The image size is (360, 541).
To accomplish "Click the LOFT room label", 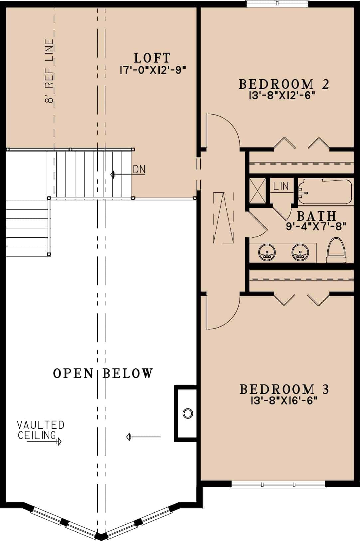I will tap(152, 58).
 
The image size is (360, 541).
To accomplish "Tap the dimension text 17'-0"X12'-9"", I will tap(152, 70).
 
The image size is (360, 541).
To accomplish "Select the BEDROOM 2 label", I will tap(284, 84).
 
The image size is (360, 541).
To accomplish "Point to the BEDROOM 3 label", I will tap(284, 389).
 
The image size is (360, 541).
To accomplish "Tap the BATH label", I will tap(316, 216).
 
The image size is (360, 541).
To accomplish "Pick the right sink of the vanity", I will tap(300, 252).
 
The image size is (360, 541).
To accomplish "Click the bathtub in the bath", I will tap(324, 192).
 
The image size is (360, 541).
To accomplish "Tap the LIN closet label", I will tap(281, 186).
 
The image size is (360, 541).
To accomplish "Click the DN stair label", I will tap(139, 169).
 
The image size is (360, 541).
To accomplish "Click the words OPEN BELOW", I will tap(103, 374).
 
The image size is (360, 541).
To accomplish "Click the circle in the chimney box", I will tap(188, 413).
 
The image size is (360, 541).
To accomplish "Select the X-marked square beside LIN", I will tap(257, 190).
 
